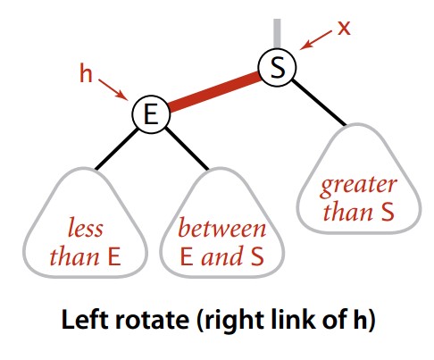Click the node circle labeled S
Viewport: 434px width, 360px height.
[278, 67]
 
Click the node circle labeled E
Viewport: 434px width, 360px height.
[151, 114]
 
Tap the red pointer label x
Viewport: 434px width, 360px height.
[344, 29]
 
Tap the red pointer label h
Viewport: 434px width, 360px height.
[86, 73]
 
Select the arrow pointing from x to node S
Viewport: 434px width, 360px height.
[316, 40]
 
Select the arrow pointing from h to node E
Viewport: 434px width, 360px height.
[113, 88]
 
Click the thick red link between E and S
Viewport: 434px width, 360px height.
[214, 91]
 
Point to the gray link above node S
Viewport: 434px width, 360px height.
[277, 33]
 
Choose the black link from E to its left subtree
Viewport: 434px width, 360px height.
[116, 149]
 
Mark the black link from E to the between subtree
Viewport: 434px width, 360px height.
[187, 149]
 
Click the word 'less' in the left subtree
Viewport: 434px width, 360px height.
[86, 228]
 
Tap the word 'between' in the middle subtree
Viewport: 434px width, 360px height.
[221, 228]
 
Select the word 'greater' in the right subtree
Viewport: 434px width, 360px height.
[359, 186]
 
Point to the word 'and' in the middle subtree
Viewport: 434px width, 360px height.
[221, 256]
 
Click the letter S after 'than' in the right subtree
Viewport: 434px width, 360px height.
[388, 212]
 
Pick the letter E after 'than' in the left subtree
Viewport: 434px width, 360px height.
[114, 256]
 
